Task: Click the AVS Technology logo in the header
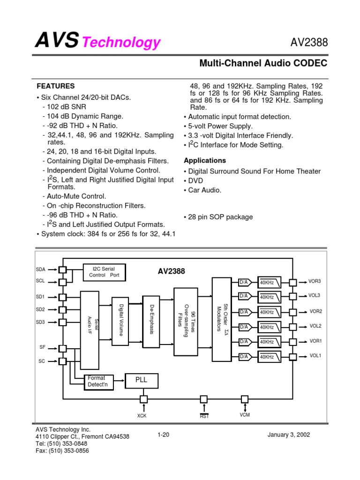(98, 42)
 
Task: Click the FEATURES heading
(56, 86)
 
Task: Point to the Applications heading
(205, 160)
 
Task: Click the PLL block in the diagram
(142, 381)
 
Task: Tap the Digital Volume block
(120, 321)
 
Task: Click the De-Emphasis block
(151, 322)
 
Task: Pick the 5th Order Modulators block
(222, 319)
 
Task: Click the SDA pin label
(41, 270)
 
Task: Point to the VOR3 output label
(315, 281)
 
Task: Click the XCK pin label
(142, 415)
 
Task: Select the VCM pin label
(245, 415)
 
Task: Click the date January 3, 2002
(288, 435)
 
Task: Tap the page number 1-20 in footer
(163, 435)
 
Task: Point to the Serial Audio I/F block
(90, 330)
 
